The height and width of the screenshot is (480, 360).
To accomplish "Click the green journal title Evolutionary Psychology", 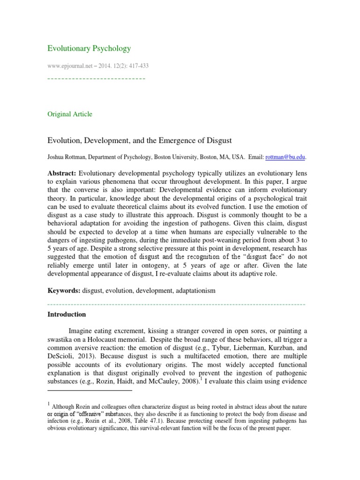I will tap(89, 48).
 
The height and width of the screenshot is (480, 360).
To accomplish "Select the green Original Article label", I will tap(70, 114).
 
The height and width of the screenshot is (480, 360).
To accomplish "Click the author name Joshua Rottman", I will tap(66, 157).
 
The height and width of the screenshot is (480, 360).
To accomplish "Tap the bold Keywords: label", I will tap(64, 291).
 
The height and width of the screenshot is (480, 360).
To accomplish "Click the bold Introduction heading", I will tap(67, 314).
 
